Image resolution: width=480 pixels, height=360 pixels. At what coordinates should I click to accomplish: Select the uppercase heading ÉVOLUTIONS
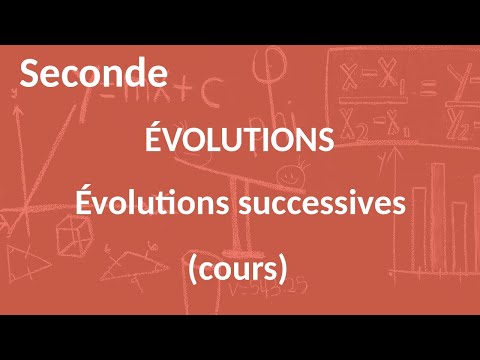239,141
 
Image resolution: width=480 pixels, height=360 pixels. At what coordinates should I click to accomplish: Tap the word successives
321,203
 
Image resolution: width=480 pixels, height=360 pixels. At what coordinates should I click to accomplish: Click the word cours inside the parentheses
238,267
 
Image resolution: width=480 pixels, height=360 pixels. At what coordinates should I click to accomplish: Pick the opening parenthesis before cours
191,268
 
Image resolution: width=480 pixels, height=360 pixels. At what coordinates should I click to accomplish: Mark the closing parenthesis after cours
284,268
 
